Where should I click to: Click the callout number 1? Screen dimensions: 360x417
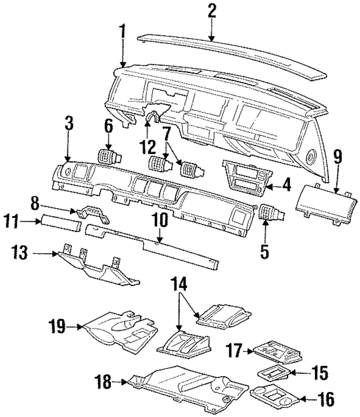[122, 32]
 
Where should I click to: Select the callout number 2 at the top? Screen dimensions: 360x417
[212, 11]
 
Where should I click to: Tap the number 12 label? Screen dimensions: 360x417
[148, 147]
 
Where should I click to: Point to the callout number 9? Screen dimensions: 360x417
[338, 158]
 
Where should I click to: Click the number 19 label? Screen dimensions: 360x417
[57, 326]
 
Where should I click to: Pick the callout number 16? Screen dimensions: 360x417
[326, 399]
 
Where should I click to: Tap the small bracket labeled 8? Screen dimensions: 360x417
[93, 214]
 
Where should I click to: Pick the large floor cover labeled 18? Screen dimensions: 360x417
[188, 388]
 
